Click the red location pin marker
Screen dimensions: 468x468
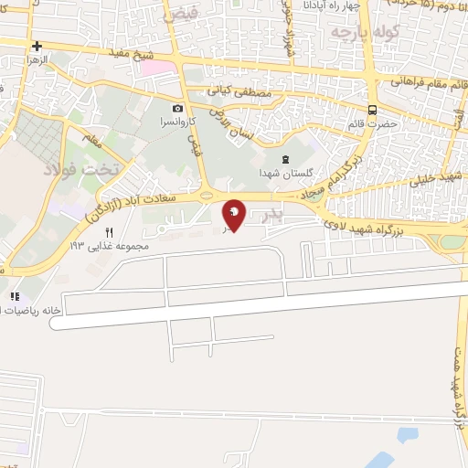234,214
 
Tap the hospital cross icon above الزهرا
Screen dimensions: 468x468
37,45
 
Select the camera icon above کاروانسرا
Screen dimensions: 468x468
177,108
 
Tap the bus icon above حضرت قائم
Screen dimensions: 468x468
373,107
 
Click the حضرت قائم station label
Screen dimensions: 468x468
375,122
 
